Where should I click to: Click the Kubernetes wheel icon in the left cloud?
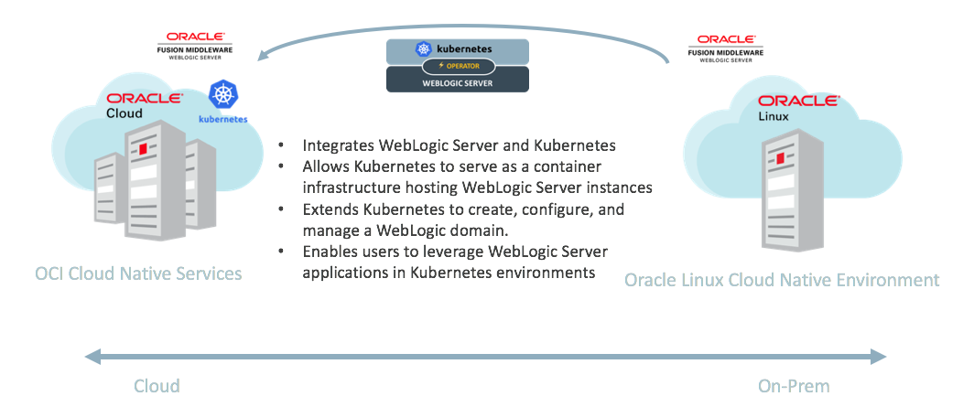(x=222, y=95)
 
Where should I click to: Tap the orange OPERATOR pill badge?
(x=458, y=66)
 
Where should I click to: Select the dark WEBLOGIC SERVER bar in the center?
(x=458, y=82)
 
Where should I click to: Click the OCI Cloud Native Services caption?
(x=138, y=273)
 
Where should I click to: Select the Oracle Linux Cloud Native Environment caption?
(x=782, y=280)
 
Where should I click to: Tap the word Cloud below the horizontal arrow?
(x=157, y=386)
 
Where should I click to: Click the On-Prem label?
(x=794, y=386)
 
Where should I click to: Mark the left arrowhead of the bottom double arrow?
(x=92, y=356)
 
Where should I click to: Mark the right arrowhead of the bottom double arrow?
(x=878, y=356)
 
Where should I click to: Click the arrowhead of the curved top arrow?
(x=265, y=56)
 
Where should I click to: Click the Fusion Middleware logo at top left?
(x=195, y=44)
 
